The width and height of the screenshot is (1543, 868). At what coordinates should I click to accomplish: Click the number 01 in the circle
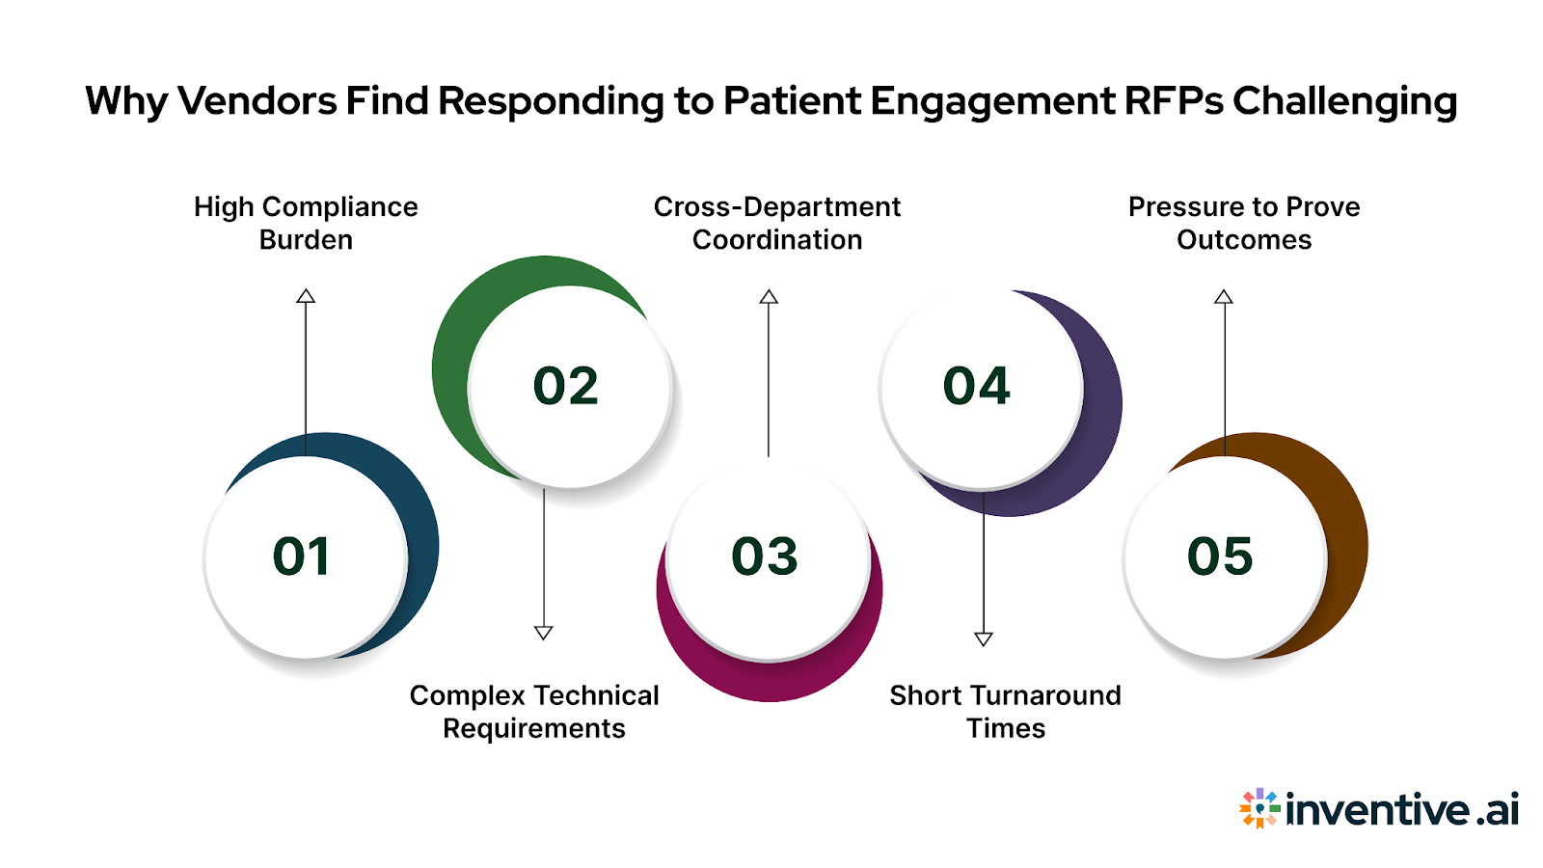click(x=302, y=556)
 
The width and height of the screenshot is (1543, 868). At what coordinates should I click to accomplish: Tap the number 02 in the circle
click(x=566, y=386)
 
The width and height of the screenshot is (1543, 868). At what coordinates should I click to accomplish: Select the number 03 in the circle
click(x=765, y=556)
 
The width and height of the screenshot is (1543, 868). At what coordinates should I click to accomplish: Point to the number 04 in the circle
click(x=976, y=386)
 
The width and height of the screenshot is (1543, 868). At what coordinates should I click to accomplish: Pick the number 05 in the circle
click(x=1220, y=556)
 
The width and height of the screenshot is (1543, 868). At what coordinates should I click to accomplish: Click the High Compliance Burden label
click(x=306, y=223)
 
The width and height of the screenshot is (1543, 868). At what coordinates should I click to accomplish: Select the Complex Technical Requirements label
click(x=534, y=712)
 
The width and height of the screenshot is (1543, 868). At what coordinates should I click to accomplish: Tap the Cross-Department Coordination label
click(x=777, y=223)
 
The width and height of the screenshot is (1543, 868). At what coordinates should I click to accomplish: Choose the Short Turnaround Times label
click(x=1005, y=712)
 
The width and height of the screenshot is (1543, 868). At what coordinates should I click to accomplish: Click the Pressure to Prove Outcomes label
click(x=1244, y=223)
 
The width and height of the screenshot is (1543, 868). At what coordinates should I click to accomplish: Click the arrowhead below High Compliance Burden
click(x=306, y=296)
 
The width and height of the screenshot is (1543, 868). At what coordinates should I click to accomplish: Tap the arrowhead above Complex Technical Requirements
click(x=544, y=633)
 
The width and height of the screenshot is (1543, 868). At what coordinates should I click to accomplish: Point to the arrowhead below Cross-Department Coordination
click(x=769, y=297)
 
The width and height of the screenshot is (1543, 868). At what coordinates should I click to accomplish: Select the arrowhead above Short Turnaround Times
click(x=984, y=638)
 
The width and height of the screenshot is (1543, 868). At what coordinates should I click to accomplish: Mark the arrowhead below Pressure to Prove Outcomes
click(x=1224, y=297)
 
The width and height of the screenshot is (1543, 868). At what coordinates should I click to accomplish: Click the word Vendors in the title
click(x=257, y=101)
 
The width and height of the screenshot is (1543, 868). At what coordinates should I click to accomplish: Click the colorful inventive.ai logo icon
click(x=1259, y=808)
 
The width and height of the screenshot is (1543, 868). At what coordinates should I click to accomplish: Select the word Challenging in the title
click(x=1345, y=101)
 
